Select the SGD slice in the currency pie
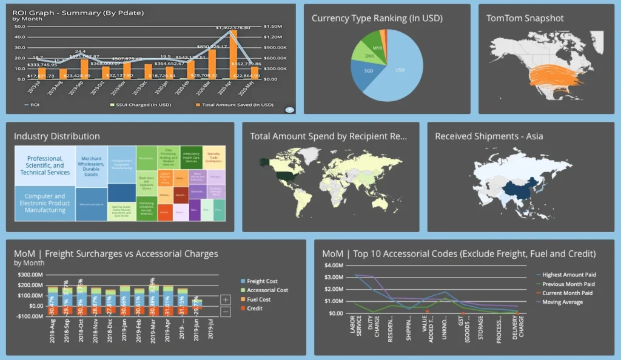click(369, 72)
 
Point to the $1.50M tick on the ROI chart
click(273, 26)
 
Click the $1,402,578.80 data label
click(233, 27)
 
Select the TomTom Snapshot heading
click(525, 18)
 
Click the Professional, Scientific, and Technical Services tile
click(45, 165)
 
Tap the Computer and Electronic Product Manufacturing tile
click(45, 203)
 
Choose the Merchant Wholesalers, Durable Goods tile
click(91, 165)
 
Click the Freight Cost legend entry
click(263, 281)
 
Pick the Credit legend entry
click(255, 308)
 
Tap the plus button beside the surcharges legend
click(226, 299)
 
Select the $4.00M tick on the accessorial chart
click(334, 265)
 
